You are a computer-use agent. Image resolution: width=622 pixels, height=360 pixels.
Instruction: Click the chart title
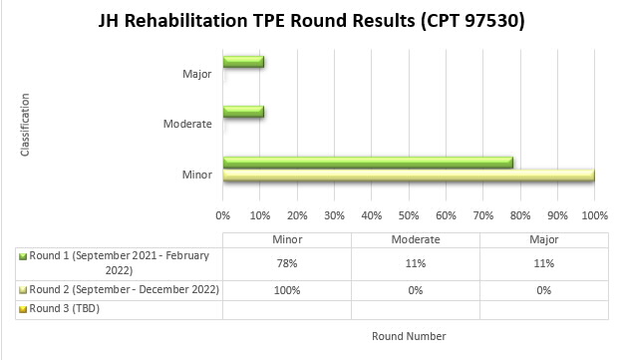click(x=311, y=20)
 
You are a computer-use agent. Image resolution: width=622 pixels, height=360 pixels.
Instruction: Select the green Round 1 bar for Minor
click(x=368, y=163)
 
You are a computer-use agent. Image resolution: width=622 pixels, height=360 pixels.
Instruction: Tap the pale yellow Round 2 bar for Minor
click(x=409, y=176)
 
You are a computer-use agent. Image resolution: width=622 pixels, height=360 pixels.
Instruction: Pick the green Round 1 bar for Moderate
click(x=243, y=112)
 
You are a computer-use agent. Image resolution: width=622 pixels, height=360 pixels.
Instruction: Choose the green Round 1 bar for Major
click(x=243, y=62)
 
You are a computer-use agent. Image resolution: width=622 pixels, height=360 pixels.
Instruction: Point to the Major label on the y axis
click(x=197, y=74)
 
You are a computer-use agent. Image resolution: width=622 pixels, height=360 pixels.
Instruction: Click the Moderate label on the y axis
click(x=188, y=124)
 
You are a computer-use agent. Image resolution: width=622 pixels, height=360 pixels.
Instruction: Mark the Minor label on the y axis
click(x=197, y=175)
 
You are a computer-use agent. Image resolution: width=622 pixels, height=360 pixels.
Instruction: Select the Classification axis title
click(x=26, y=125)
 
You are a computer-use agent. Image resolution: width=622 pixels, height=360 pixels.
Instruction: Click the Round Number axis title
click(x=409, y=336)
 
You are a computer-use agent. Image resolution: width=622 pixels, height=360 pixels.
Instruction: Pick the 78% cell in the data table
click(x=287, y=263)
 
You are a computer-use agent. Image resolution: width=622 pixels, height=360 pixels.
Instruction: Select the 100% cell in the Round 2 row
click(x=287, y=289)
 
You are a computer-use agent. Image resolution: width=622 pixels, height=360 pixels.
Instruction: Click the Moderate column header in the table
click(x=416, y=240)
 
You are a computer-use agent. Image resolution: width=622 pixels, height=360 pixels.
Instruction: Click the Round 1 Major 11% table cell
click(x=544, y=263)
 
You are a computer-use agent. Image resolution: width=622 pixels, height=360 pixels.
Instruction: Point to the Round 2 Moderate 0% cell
click(x=416, y=289)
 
